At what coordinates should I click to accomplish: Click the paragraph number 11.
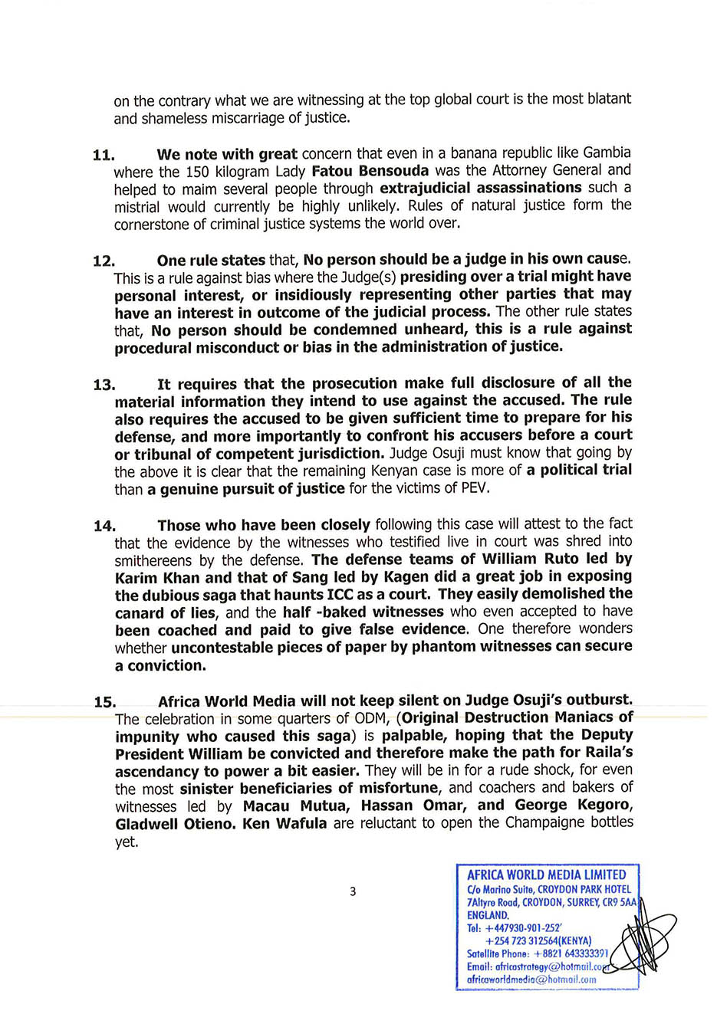pyautogui.click(x=103, y=155)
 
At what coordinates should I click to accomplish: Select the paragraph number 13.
pyautogui.click(x=104, y=385)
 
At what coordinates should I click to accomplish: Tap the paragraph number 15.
pyautogui.click(x=104, y=702)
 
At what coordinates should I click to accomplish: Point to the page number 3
pyautogui.click(x=353, y=891)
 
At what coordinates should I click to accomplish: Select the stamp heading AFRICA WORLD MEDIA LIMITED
pyautogui.click(x=546, y=875)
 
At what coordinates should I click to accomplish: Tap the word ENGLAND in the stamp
pyautogui.click(x=488, y=915)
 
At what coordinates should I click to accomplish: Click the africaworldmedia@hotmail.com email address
pyautogui.click(x=531, y=979)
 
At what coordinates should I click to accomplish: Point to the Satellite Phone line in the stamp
pyautogui.click(x=538, y=953)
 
